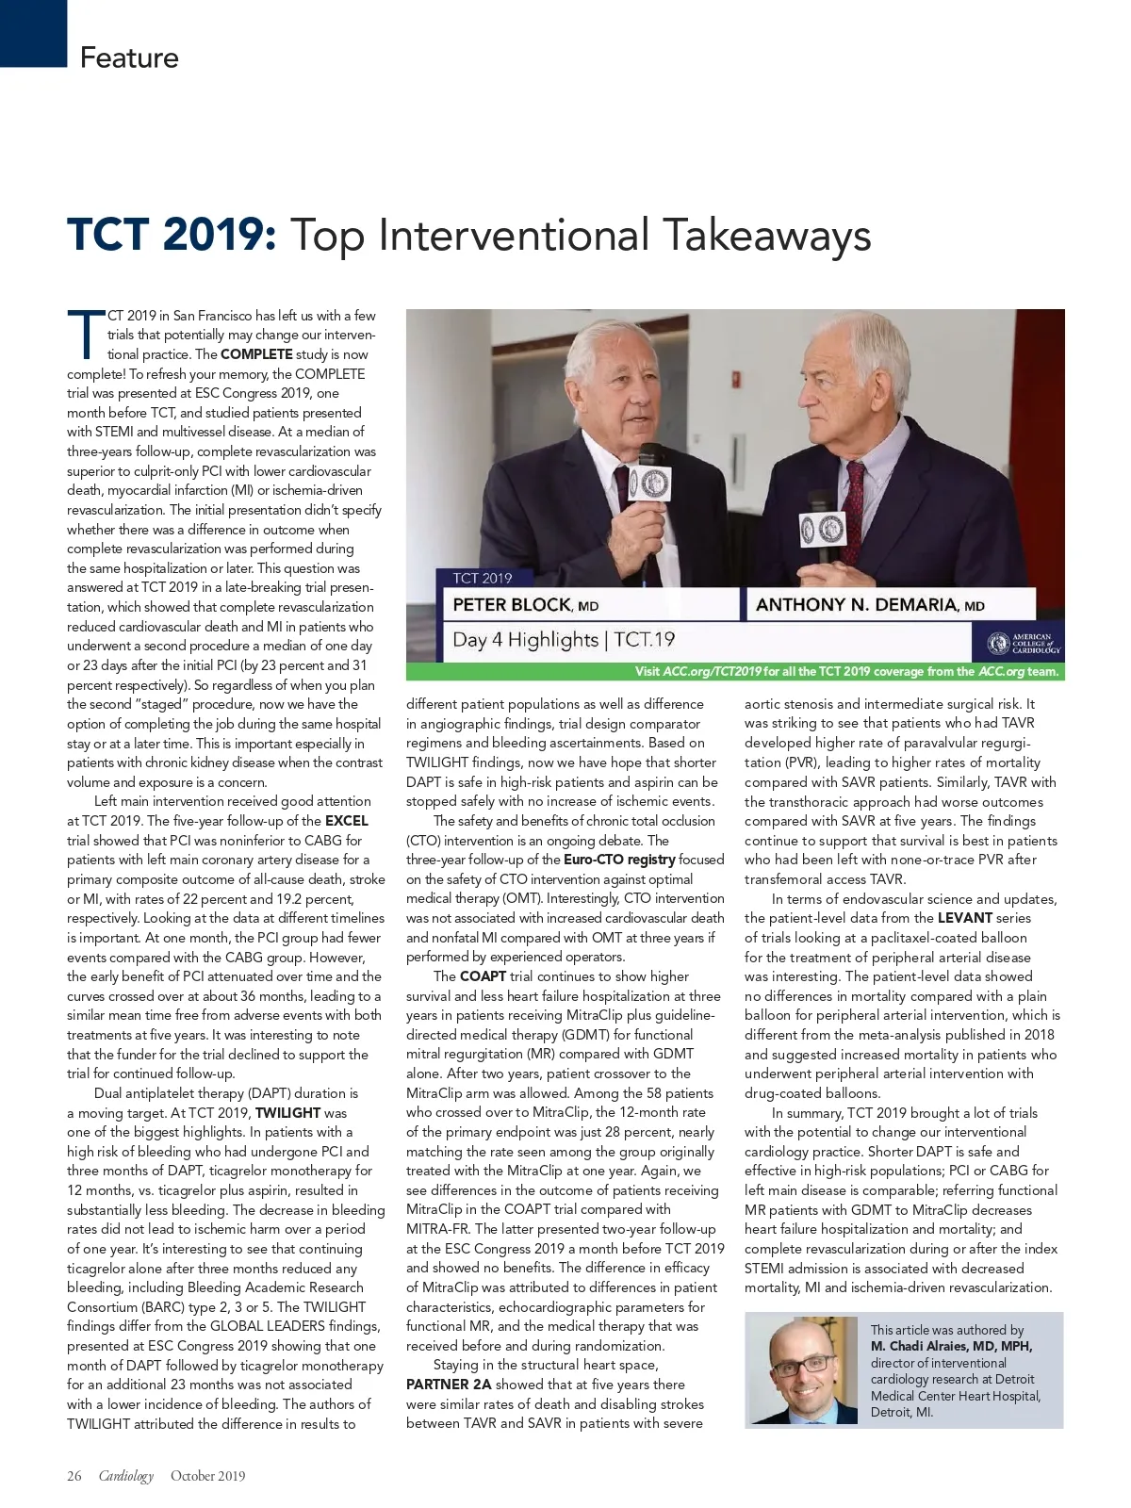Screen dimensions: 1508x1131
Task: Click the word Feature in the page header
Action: [129, 57]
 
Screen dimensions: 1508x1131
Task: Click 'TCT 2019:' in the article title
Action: [172, 235]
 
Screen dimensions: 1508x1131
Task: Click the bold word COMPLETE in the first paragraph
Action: [256, 354]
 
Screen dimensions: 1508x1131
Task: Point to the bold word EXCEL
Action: [346, 821]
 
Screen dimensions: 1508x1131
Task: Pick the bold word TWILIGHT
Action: [287, 1113]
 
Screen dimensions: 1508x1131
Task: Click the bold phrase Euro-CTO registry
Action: [619, 860]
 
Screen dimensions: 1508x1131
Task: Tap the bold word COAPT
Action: [483, 976]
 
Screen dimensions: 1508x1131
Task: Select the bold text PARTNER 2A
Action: [449, 1385]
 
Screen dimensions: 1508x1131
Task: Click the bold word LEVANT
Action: [965, 918]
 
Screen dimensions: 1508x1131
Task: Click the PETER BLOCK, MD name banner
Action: [526, 605]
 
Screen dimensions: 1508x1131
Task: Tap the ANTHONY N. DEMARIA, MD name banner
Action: [869, 605]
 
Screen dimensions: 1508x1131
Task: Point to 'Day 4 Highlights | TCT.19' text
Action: [564, 640]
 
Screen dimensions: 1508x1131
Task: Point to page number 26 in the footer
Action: [74, 1476]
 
